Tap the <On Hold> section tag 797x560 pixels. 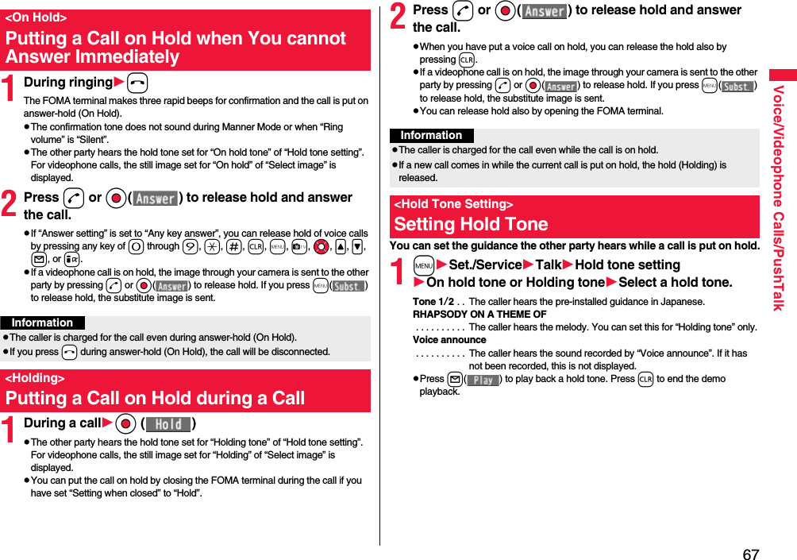click(x=36, y=17)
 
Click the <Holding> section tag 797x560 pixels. click(x=35, y=378)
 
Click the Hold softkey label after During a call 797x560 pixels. click(x=168, y=424)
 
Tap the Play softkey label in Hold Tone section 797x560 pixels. click(x=483, y=380)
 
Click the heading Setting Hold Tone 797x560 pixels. click(x=471, y=224)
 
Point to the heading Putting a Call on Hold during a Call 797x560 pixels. click(x=155, y=398)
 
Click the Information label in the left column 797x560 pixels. click(x=42, y=322)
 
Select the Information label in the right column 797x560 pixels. click(x=431, y=136)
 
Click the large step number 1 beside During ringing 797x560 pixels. click(x=11, y=88)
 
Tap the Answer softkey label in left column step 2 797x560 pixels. click(x=155, y=199)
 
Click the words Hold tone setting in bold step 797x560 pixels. click(x=627, y=265)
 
